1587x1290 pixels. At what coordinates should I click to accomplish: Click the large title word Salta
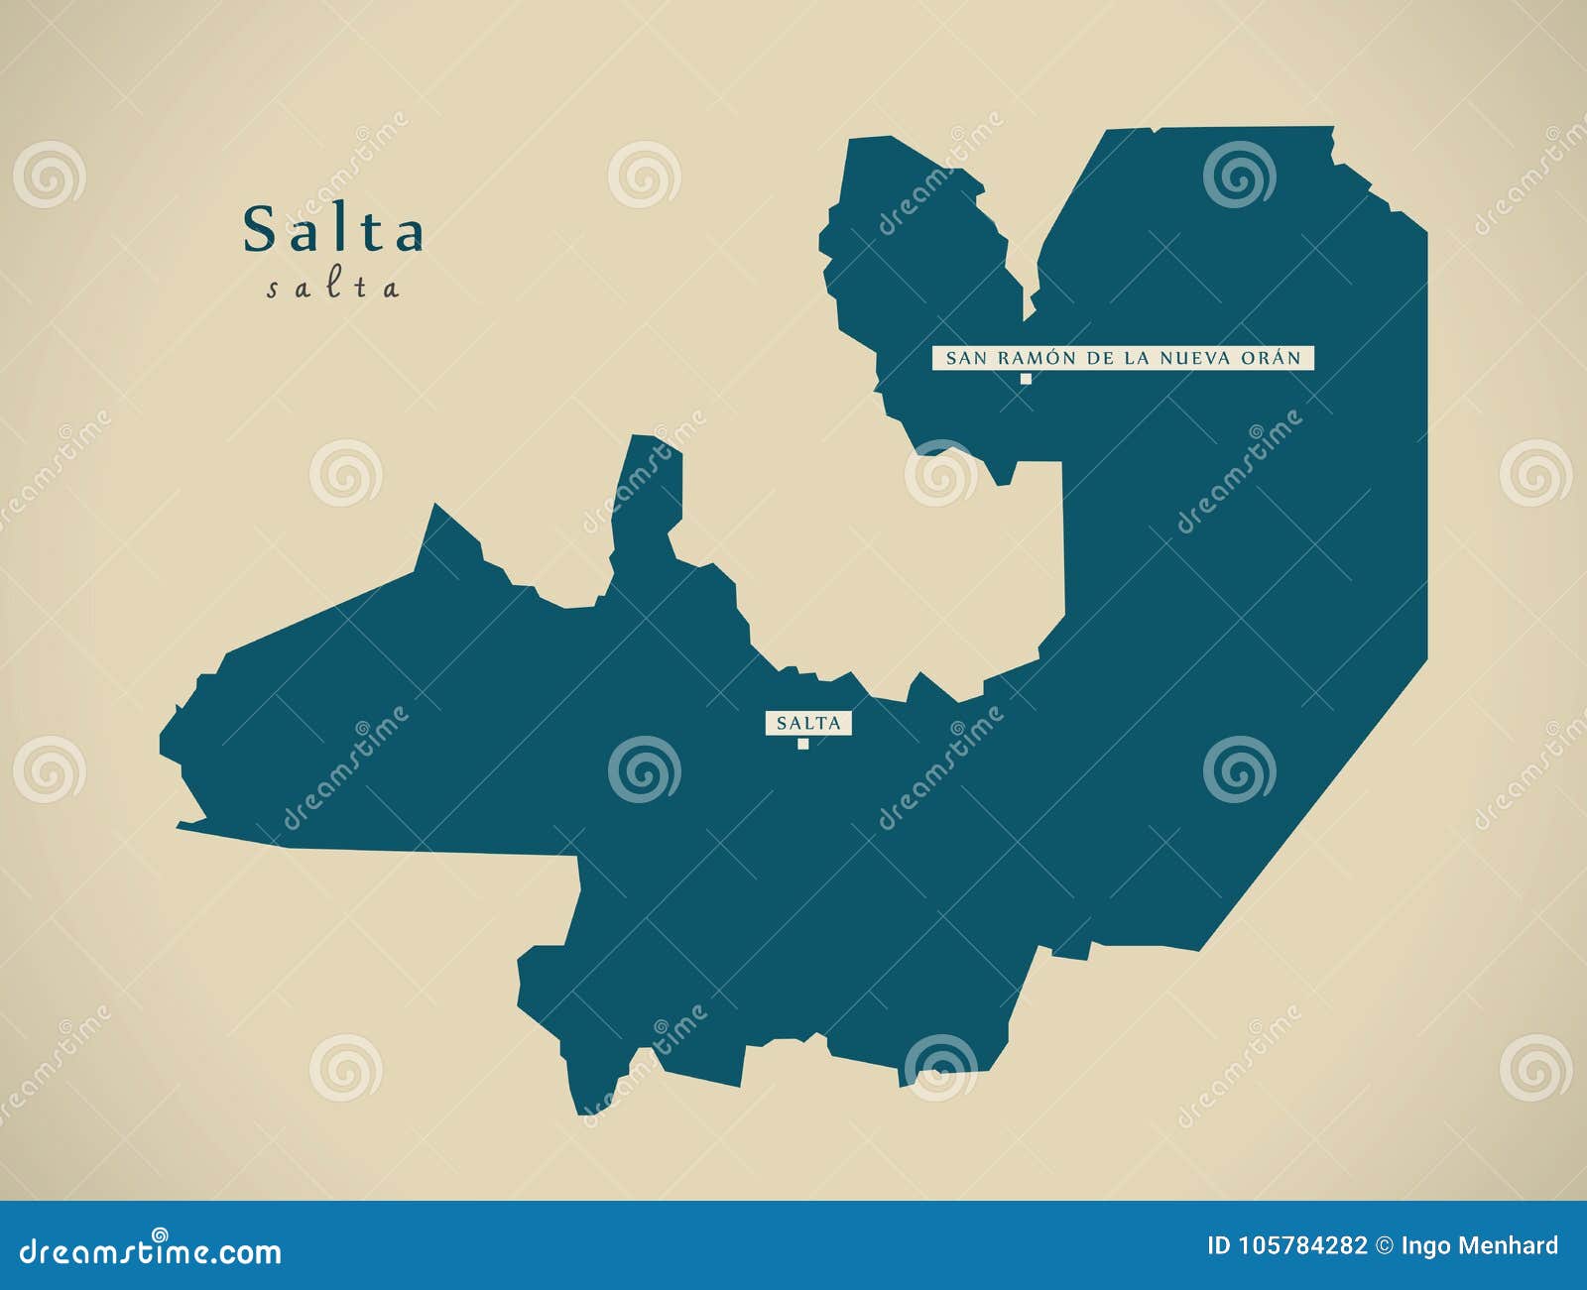coord(333,230)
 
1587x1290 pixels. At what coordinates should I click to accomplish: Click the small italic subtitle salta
coord(333,289)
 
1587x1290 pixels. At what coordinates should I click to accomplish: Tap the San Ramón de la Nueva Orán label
coord(1123,358)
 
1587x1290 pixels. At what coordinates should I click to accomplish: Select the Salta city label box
coord(808,723)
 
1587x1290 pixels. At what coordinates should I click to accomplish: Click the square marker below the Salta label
coord(803,744)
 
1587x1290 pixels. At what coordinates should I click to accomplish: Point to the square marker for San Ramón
coord(1027,379)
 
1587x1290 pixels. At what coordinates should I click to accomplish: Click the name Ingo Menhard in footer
coord(1480,1246)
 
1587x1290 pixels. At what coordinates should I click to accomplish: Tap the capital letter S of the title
coord(259,230)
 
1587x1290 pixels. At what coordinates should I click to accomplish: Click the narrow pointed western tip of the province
coord(183,824)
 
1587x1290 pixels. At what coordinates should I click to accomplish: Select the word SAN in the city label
coord(963,358)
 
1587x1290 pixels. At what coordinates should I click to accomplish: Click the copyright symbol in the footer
coord(1385,1246)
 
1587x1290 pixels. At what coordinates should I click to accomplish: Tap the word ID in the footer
coord(1219,1246)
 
